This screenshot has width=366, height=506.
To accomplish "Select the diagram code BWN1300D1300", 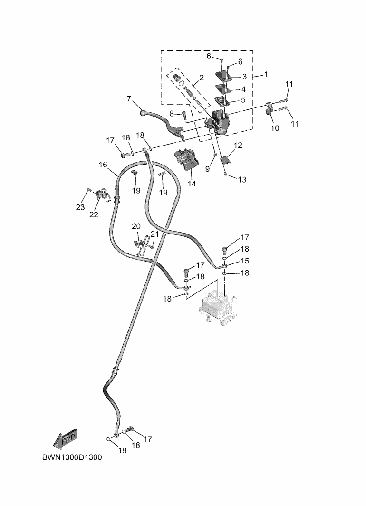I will coord(71,458).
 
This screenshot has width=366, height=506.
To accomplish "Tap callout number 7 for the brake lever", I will coord(128,99).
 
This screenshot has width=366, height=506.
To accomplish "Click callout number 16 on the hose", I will coord(103,165).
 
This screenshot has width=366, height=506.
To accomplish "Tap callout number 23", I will coord(80,207).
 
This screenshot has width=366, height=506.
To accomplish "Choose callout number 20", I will coord(136,226).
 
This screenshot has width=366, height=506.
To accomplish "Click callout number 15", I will coord(245,261).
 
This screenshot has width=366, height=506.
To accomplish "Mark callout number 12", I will coord(238,145).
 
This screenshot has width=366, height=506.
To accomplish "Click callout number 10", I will coord(274,128).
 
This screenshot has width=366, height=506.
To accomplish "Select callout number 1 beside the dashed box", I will coord(266,75).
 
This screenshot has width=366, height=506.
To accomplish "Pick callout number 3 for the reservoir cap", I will coord(244,77).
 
